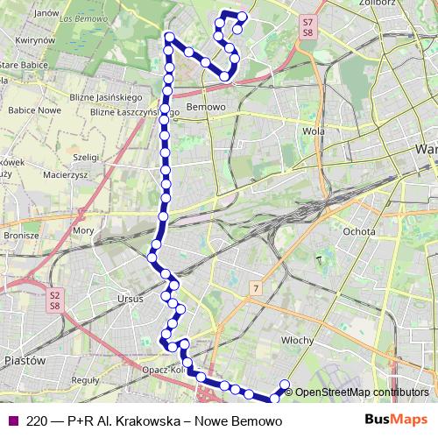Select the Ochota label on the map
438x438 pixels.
click(x=359, y=231)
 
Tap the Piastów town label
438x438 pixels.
click(x=25, y=360)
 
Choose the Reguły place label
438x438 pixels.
click(x=84, y=380)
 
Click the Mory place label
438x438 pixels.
click(x=83, y=230)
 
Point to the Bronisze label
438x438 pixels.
click(x=21, y=236)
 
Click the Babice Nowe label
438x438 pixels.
click(x=34, y=111)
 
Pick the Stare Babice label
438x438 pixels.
click(x=23, y=65)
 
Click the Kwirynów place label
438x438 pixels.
click(x=35, y=40)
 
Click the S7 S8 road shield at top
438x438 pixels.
click(x=307, y=26)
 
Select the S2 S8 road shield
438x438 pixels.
click(x=54, y=300)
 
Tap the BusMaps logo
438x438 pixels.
click(x=398, y=420)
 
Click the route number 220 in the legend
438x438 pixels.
click(x=37, y=420)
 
